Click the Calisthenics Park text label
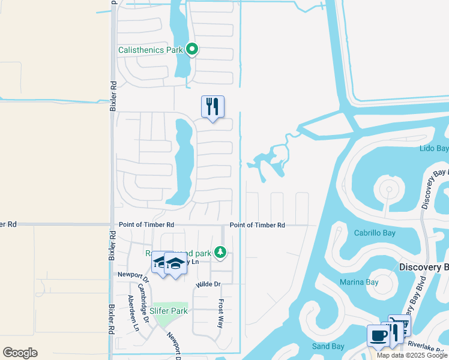coord(150,50)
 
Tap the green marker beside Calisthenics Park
coord(192,49)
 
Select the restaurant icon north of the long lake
coord(212,107)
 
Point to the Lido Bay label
coord(434,148)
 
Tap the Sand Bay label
coord(328,346)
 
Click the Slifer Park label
coord(169,311)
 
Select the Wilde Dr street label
coord(208,284)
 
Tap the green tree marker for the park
coord(221,252)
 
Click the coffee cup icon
coord(378,335)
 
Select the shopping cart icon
coord(400,325)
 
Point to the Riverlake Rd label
coord(427,345)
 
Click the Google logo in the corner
coord(20,353)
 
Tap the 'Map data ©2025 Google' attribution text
coord(412,356)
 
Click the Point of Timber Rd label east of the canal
coord(257,225)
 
